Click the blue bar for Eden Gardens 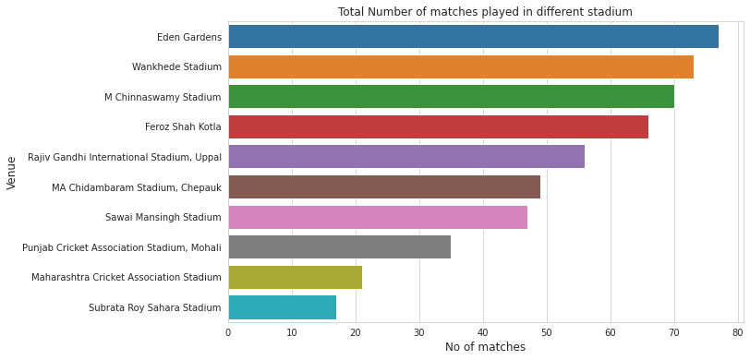click(x=473, y=37)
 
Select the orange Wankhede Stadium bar click(x=461, y=66)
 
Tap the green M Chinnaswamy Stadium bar click(x=451, y=97)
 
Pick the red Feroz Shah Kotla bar click(x=438, y=126)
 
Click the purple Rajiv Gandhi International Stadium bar click(x=406, y=157)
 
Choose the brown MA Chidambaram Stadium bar click(x=384, y=187)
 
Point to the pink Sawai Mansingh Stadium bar click(x=378, y=217)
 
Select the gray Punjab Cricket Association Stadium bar click(x=339, y=247)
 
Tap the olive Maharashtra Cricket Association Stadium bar click(x=295, y=277)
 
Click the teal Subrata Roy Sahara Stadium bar click(x=282, y=307)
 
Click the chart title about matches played click(x=485, y=12)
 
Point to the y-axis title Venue click(x=12, y=173)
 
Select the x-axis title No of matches click(x=485, y=347)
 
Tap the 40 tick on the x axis click(x=483, y=331)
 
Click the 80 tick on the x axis click(x=737, y=331)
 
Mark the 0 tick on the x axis click(x=228, y=331)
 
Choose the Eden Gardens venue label click(x=189, y=38)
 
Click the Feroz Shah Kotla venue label click(x=183, y=127)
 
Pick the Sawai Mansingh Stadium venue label click(x=163, y=218)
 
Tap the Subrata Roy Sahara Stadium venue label click(x=155, y=307)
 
